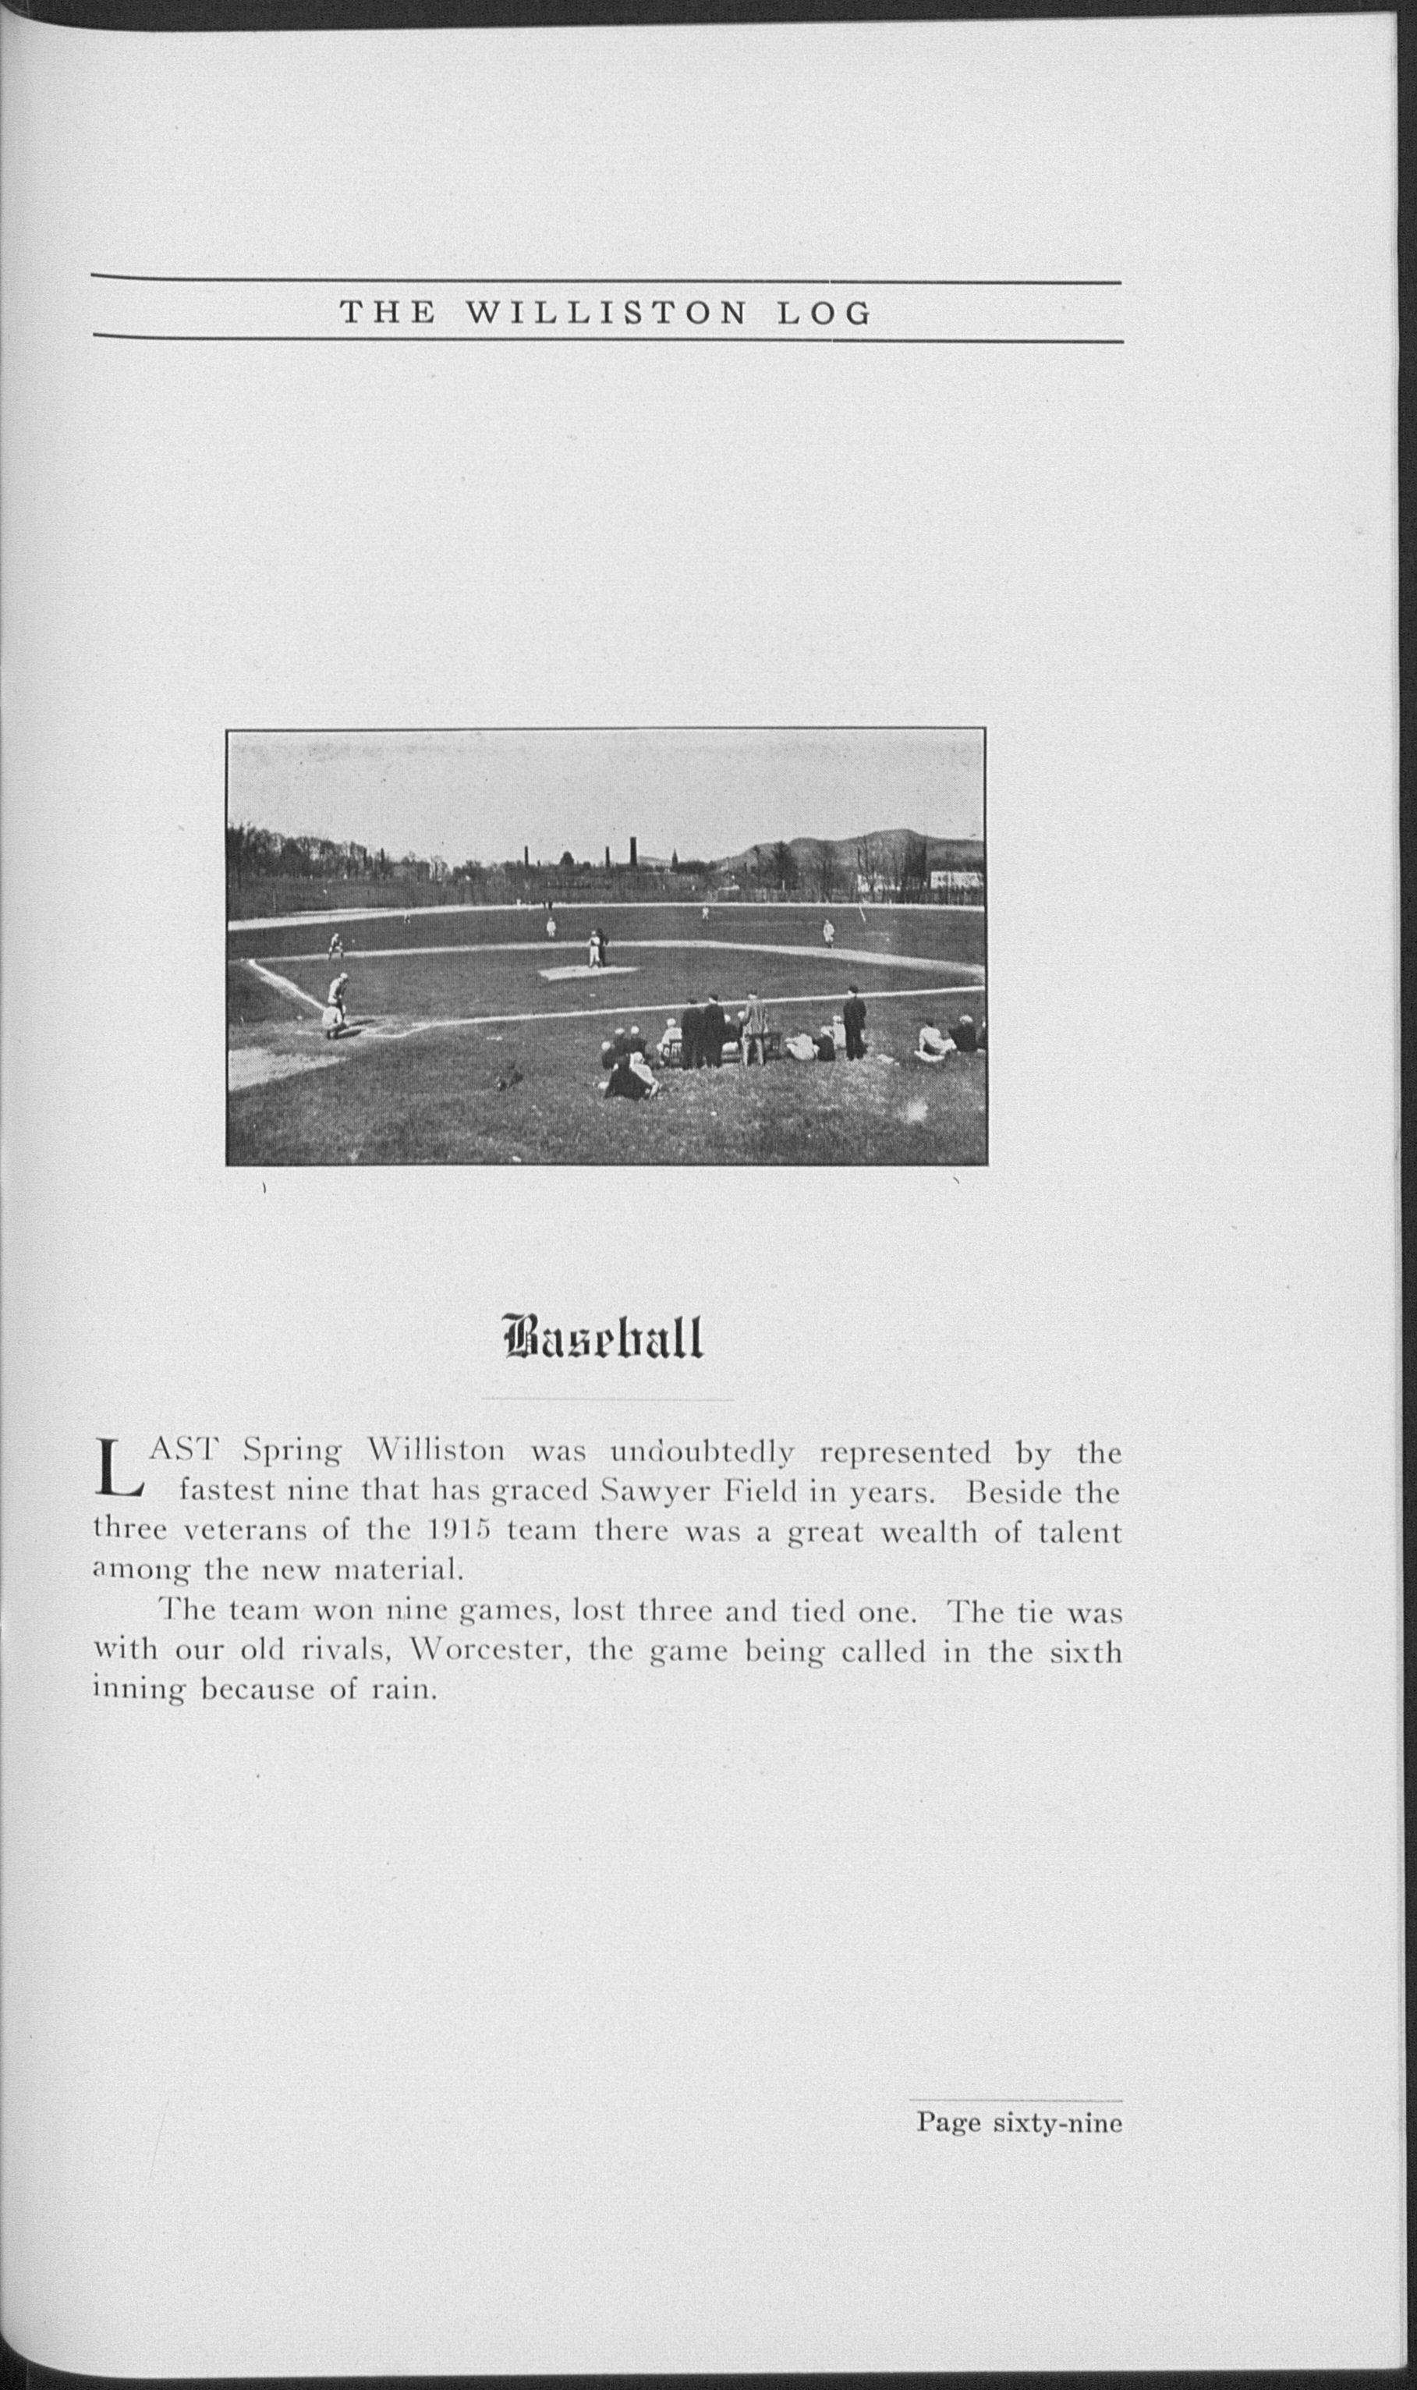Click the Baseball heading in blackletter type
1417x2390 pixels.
(x=603, y=1338)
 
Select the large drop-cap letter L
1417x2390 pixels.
(x=119, y=1496)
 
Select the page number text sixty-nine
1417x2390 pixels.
(x=1057, y=2122)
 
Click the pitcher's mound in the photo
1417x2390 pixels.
(x=587, y=971)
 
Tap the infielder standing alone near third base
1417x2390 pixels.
(x=335, y=945)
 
